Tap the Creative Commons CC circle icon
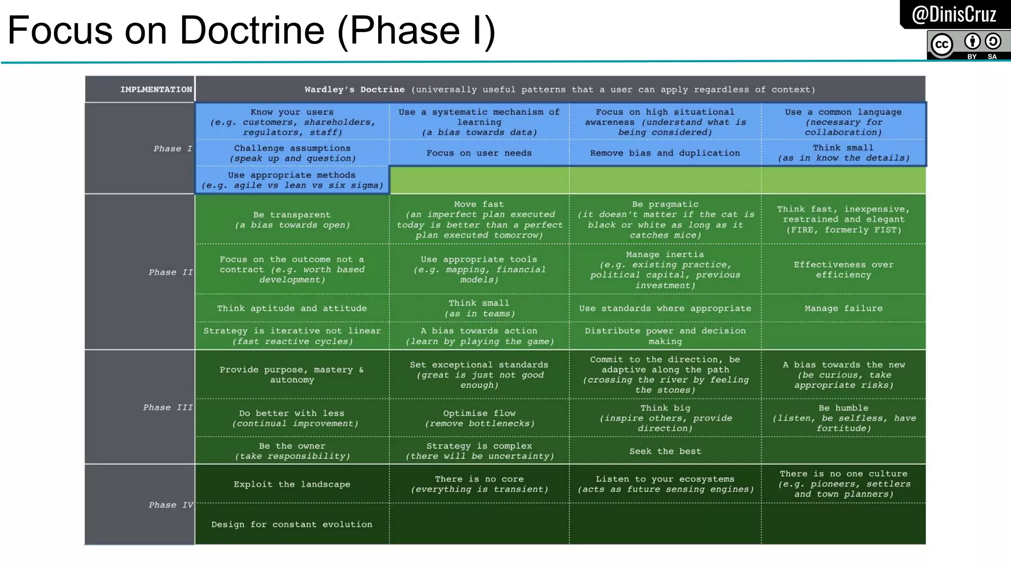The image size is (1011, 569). coord(941,45)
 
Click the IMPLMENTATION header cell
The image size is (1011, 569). coord(156,89)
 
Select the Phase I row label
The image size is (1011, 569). coord(172,149)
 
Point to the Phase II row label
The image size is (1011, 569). coord(170,272)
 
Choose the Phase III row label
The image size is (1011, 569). coord(167,407)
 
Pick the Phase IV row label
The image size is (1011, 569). coord(170,505)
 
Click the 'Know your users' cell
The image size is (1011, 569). coord(292,122)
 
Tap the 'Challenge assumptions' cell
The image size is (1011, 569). coord(292,153)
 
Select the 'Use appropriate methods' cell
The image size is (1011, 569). coord(292,180)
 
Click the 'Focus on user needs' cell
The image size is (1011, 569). coord(479,153)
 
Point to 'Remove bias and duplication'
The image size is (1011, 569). coord(665,153)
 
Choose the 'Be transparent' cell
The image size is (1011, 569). coord(292,220)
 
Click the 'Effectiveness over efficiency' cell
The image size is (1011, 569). coord(843,270)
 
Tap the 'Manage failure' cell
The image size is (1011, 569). coord(843,308)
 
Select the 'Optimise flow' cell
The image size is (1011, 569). coord(479,418)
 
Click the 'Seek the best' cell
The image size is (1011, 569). coord(665,451)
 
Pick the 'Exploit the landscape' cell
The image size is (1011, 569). coord(292,484)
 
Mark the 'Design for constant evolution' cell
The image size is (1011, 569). coord(292,524)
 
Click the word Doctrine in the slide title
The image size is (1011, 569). coord(252,31)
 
